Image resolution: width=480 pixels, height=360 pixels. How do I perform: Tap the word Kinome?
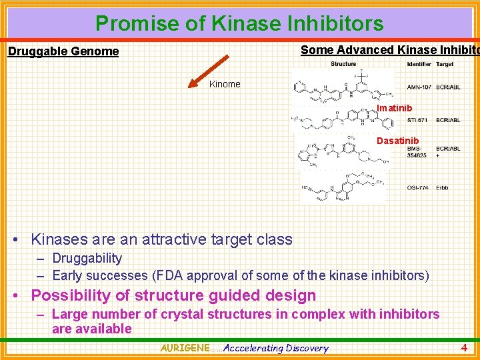point(225,84)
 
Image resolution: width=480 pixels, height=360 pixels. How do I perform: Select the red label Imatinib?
point(394,108)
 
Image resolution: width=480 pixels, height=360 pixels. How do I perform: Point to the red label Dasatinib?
point(397,141)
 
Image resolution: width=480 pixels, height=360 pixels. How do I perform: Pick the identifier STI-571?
point(419,121)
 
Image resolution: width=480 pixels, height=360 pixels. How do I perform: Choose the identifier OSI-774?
point(418,188)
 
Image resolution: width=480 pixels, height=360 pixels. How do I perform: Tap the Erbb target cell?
point(442,188)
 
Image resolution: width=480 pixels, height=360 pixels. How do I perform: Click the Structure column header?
point(343,64)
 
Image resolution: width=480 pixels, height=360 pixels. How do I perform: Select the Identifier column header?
point(419,64)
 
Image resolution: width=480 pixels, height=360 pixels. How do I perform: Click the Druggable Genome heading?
point(63,51)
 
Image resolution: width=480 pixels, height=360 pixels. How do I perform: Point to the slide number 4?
point(464,347)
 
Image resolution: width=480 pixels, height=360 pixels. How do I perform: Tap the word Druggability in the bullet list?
point(87,258)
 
